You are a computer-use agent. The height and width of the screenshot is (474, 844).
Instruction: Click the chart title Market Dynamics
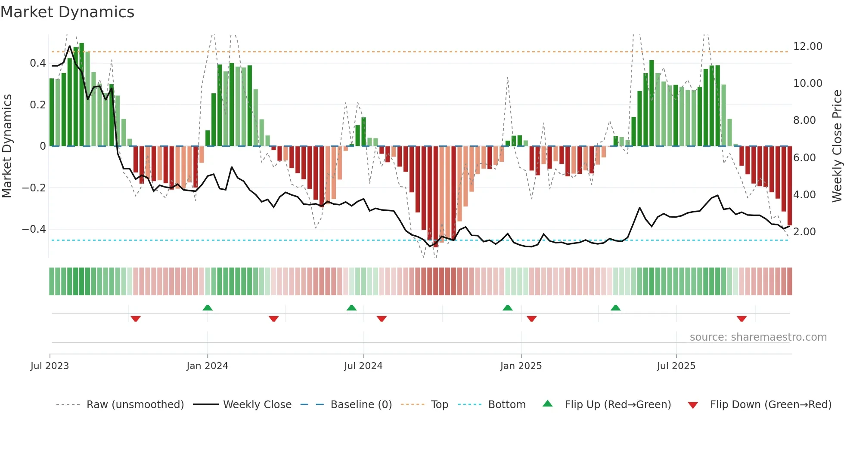[67, 12]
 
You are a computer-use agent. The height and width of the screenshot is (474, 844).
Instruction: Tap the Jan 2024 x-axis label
[207, 366]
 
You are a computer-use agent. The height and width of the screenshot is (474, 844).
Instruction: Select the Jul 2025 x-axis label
[676, 366]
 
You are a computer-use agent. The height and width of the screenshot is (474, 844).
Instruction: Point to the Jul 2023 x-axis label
[50, 366]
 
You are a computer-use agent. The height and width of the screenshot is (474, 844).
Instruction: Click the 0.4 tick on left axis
[38, 63]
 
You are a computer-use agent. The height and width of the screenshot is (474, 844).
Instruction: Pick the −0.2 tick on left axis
[34, 188]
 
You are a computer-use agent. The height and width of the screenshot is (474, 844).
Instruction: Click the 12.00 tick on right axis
[807, 46]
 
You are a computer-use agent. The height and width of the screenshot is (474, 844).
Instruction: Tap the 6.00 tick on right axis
[804, 158]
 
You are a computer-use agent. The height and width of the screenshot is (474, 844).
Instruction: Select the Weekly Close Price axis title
[837, 146]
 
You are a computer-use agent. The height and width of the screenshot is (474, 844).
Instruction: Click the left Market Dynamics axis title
[7, 146]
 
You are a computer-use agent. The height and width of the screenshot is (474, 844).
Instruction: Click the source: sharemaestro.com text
[758, 337]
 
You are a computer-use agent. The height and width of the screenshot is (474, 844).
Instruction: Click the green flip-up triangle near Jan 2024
[208, 308]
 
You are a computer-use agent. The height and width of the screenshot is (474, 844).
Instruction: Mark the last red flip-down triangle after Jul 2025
[741, 319]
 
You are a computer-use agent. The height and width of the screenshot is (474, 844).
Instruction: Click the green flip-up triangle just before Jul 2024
[351, 308]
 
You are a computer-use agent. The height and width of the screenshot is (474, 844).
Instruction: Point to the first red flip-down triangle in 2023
[136, 319]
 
